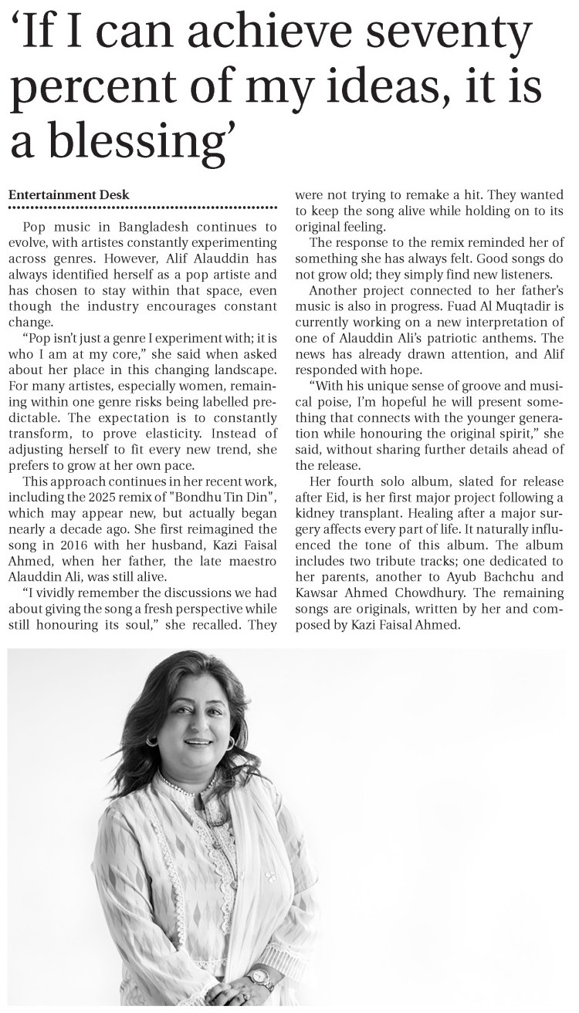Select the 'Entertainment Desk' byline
click(69, 194)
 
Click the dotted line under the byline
click(142, 208)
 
